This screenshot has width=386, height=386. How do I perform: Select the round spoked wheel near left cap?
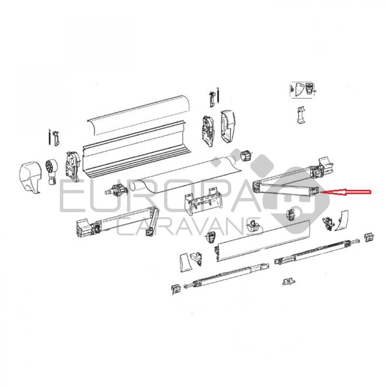(52, 169)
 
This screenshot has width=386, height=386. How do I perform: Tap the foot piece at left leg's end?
(176, 288)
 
